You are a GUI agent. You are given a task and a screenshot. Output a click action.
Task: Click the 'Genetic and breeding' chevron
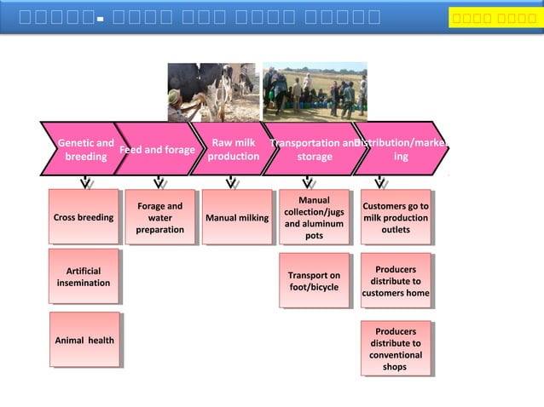84,150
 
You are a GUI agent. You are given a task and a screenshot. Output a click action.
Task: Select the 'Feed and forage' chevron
157,150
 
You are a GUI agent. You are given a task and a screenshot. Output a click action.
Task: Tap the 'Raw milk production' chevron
232,150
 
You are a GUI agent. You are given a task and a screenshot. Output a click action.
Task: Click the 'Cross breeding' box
84,218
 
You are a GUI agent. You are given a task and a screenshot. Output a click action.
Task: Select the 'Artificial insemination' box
84,277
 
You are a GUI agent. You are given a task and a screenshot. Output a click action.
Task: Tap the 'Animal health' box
84,340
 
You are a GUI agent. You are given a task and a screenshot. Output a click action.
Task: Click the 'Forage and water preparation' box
159,218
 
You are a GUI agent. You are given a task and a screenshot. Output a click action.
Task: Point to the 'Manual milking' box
236,218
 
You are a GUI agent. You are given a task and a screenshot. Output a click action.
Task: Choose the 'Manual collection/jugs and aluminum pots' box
314,218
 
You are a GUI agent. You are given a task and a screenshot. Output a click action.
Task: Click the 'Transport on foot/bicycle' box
314,281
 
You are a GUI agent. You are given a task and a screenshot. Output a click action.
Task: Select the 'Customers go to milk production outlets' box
395,218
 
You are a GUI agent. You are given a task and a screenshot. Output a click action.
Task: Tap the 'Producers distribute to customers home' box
395,281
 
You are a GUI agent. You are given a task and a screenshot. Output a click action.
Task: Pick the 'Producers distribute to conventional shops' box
395,348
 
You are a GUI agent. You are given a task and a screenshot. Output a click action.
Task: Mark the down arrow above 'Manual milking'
231,182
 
